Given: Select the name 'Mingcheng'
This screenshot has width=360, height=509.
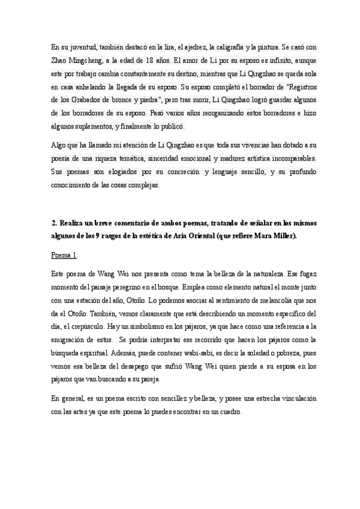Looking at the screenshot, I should point(89,60).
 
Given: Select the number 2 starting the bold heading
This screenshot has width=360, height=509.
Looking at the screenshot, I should point(54,223).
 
